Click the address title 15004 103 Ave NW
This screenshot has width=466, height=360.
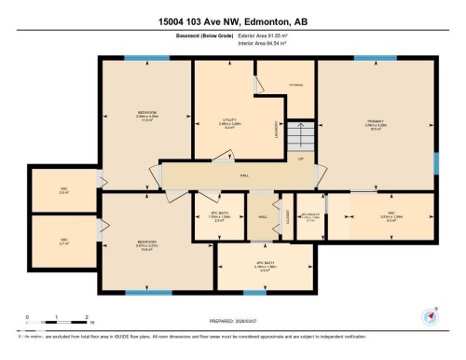click(x=233, y=19)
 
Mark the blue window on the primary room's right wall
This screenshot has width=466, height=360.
click(x=435, y=162)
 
